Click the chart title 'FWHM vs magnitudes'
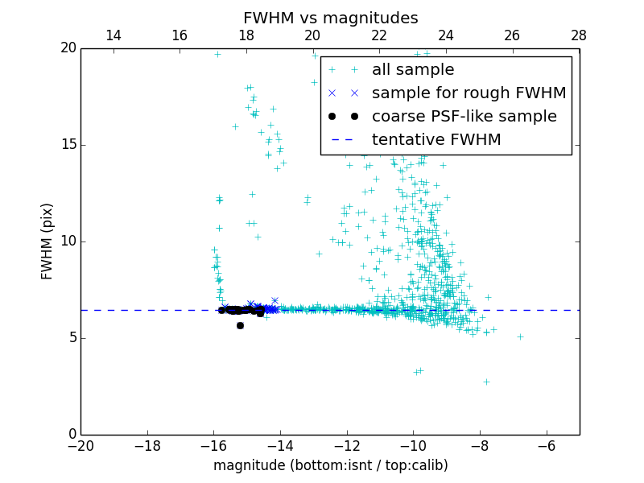(x=330, y=18)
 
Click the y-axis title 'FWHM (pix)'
(x=47, y=242)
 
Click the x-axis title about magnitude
(x=330, y=465)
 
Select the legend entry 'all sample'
(x=412, y=70)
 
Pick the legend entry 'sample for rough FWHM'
(x=469, y=93)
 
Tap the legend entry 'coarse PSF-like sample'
(x=464, y=117)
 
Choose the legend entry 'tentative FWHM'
(x=436, y=140)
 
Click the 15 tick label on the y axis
(x=68, y=145)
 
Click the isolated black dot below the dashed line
(x=240, y=325)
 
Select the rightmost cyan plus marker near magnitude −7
(x=520, y=336)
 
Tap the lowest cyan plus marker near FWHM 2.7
(x=486, y=382)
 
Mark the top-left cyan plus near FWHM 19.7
(x=217, y=54)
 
